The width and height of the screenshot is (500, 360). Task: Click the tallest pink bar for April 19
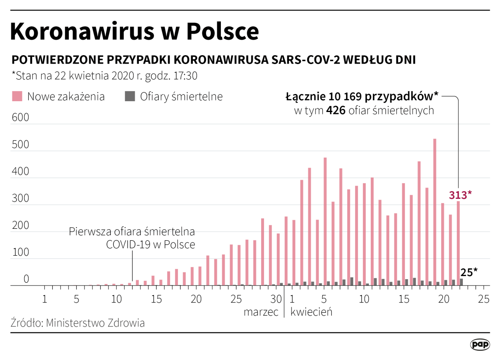click(x=435, y=212)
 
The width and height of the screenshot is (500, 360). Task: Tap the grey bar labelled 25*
click(x=462, y=282)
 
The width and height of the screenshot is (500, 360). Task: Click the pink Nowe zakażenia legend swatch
click(x=17, y=96)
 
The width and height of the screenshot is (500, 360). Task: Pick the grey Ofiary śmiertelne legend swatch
click(x=130, y=96)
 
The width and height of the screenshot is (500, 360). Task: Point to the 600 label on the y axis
click(x=21, y=118)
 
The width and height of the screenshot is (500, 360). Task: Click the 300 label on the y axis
click(x=21, y=199)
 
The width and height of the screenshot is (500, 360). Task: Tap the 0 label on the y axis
click(x=26, y=280)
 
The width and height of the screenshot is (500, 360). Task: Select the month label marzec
click(x=261, y=312)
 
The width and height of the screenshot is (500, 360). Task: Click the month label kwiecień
click(x=311, y=312)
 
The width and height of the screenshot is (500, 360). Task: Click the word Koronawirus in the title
click(x=82, y=31)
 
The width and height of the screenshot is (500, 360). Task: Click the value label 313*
click(x=460, y=195)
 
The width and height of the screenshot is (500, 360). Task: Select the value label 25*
click(x=469, y=272)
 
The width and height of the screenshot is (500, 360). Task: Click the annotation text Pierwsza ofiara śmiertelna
click(x=132, y=232)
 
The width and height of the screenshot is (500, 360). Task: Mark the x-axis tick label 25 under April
click(x=484, y=299)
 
